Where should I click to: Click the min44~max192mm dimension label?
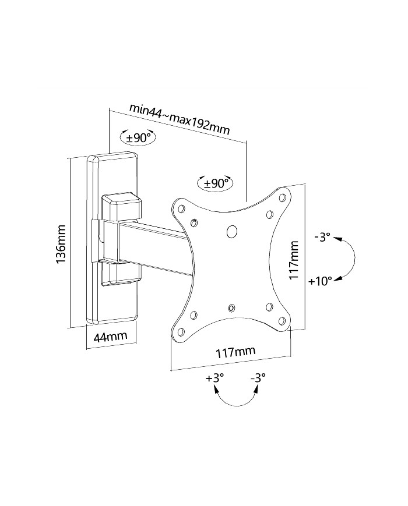(x=180, y=119)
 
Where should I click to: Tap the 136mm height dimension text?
(x=61, y=243)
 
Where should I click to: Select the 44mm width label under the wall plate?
(x=110, y=336)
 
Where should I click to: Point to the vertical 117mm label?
(x=294, y=260)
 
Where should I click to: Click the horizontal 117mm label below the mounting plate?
(x=235, y=352)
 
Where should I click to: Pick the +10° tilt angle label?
(x=320, y=281)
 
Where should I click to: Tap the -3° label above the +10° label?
(x=322, y=238)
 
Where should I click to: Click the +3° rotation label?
(x=215, y=377)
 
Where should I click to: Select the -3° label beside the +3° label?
(x=258, y=377)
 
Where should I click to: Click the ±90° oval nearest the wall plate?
(x=138, y=138)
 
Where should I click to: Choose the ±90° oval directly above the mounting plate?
(x=216, y=183)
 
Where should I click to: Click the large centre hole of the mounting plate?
(x=232, y=231)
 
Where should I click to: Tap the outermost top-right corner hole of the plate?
(x=282, y=197)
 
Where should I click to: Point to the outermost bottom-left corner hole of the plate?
(x=181, y=331)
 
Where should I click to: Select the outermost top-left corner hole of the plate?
(x=181, y=208)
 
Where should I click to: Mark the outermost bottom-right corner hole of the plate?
(x=282, y=321)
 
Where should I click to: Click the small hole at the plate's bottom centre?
(x=231, y=308)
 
